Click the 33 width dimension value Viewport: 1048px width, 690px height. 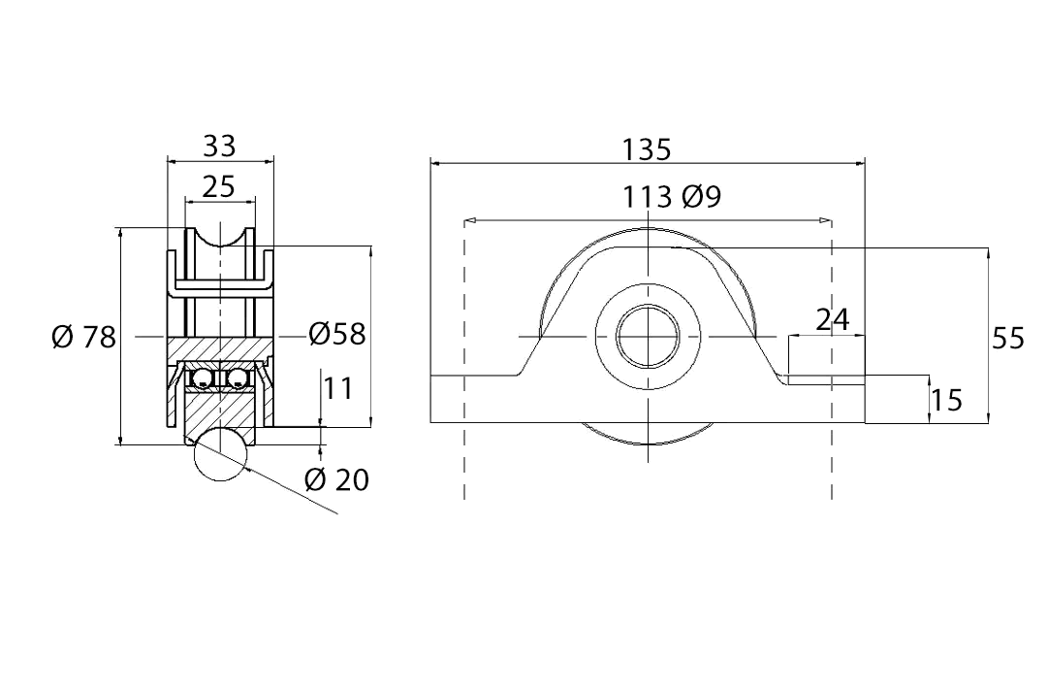point(219,146)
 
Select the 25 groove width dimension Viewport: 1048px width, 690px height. point(219,186)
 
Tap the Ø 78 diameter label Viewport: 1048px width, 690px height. point(83,338)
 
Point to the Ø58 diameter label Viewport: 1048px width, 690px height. point(337,334)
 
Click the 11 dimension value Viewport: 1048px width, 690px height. point(338,389)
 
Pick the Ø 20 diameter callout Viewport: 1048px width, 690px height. point(336,478)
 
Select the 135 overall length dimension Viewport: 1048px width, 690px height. point(647,149)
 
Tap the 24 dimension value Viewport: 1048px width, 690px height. point(832,319)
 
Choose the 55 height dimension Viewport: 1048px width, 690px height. point(1008,338)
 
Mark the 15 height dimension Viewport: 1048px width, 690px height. point(946,399)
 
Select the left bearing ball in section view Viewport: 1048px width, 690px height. point(204,377)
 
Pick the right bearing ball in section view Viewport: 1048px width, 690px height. point(238,377)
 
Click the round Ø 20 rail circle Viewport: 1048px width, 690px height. point(221,454)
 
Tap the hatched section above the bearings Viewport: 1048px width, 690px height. point(220,348)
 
